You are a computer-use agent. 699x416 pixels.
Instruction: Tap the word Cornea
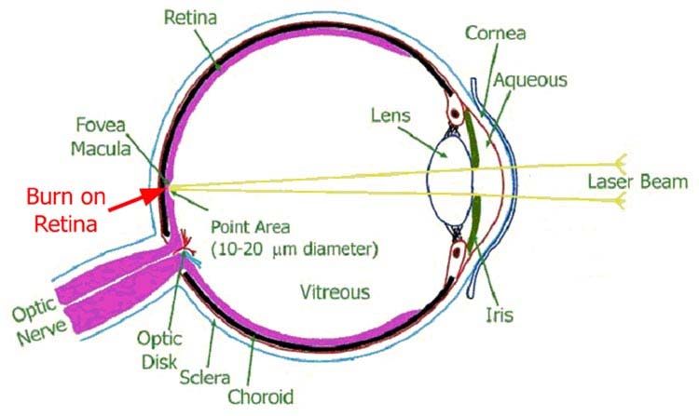(x=495, y=34)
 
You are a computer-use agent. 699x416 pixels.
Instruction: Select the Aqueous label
(x=530, y=80)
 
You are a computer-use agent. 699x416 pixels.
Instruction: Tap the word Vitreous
(x=335, y=292)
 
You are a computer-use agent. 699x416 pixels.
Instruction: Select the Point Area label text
(x=251, y=226)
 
